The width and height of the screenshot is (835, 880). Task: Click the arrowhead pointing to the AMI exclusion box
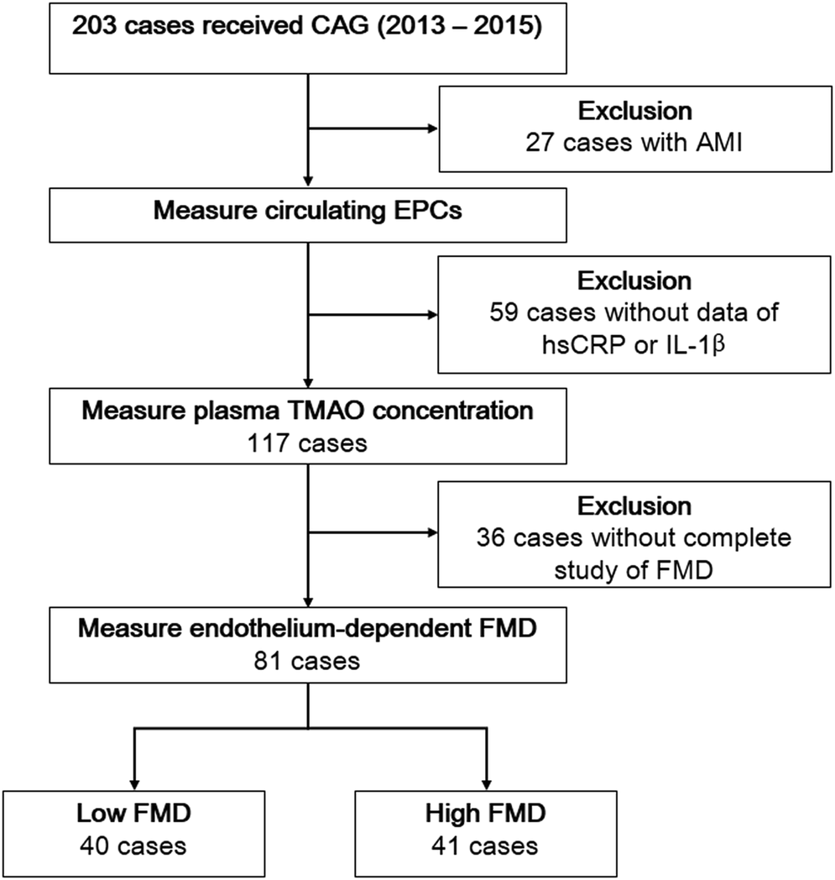point(431,128)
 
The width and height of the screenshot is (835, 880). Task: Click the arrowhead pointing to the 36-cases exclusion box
point(431,532)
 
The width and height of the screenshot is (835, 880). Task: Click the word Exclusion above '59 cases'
point(634,280)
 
